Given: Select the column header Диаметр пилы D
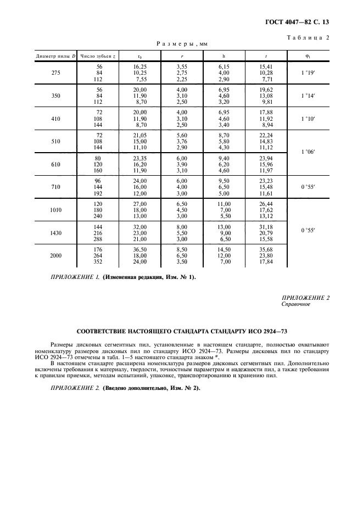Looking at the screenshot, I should (x=55, y=55).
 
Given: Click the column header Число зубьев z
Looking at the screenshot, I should (x=98, y=55).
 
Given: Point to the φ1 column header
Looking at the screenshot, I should (x=308, y=55).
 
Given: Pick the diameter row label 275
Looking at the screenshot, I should (x=55, y=72).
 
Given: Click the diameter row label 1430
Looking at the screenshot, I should (x=55, y=232).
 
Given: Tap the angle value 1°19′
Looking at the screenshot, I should (x=308, y=72).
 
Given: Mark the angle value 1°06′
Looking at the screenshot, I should (x=308, y=152).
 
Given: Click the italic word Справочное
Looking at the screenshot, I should (x=297, y=304).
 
